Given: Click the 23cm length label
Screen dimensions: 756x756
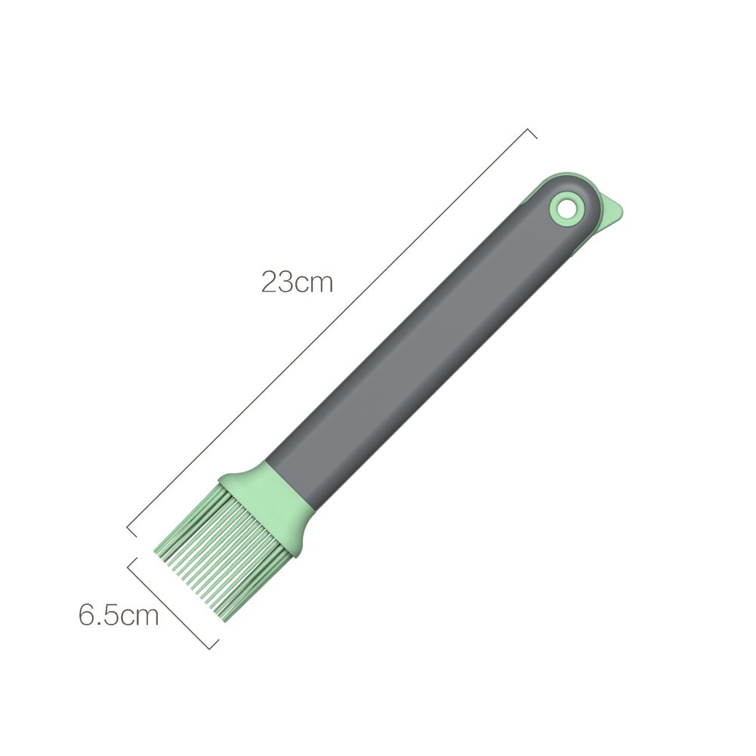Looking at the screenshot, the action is pyautogui.click(x=297, y=282).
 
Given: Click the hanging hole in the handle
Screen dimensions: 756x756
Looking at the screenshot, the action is pyautogui.click(x=565, y=208).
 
